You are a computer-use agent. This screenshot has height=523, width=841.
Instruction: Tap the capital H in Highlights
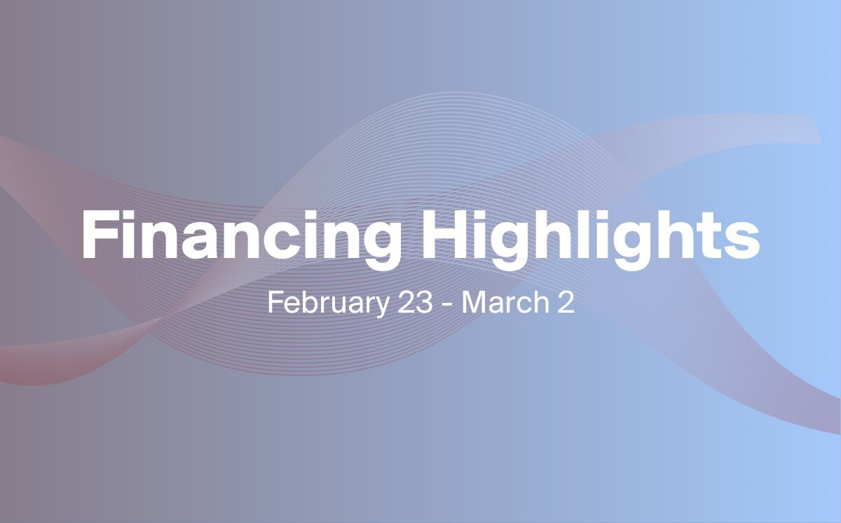pos(445,235)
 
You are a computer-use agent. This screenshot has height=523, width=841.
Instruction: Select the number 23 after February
pos(415,302)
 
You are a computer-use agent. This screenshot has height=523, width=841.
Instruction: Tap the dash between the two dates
pos(447,305)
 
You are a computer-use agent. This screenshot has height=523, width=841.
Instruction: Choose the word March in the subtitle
pos(506,302)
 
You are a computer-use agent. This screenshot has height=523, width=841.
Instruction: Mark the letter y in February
pos(381,306)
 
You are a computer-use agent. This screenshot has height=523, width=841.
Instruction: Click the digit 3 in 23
pos(425,302)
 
